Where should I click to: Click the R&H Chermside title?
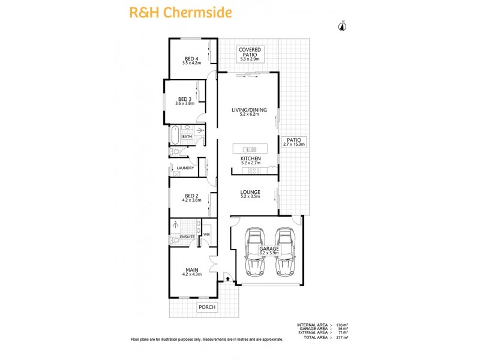pyautogui.click(x=172, y=12)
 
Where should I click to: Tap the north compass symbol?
pyautogui.click(x=343, y=25)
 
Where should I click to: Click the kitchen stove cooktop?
pyautogui.click(x=256, y=170)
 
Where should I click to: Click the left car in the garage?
pyautogui.click(x=254, y=251)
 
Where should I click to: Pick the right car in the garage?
pyautogui.click(x=285, y=251)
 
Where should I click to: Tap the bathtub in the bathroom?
pyautogui.click(x=175, y=136)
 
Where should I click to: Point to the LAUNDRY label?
pyautogui.click(x=185, y=168)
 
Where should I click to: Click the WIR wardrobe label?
pyautogui.click(x=206, y=235)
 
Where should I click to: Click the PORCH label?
pyautogui.click(x=206, y=307)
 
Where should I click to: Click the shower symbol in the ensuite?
pyautogui.click(x=176, y=226)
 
